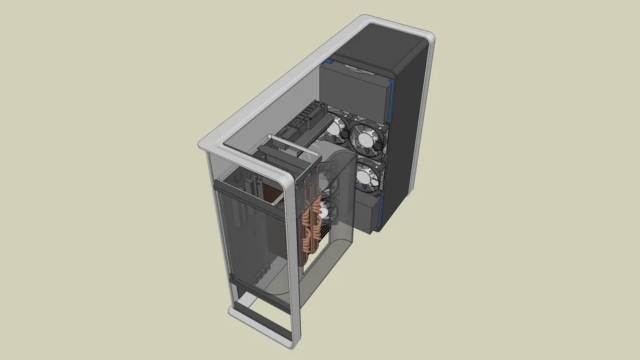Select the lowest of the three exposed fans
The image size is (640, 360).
(366, 178)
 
